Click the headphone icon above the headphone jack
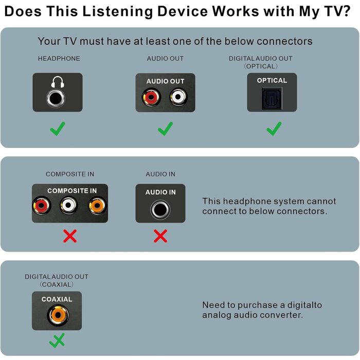point(58,83)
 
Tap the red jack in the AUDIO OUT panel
point(152,96)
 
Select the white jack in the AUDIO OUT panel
point(178,96)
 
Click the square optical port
point(272,97)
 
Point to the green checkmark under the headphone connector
point(57,129)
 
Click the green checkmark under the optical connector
point(274,129)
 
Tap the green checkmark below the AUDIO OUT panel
point(165,129)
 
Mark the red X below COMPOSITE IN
point(70,236)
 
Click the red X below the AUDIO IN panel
point(160,236)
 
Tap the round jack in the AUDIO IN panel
point(160,208)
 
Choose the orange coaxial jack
point(57,314)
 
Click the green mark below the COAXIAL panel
point(57,340)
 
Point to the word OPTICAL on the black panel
point(272,81)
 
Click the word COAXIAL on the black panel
point(57,299)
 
